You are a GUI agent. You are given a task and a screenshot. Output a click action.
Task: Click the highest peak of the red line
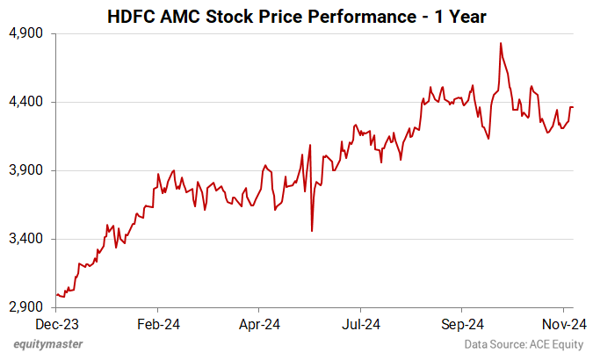pos(500,43)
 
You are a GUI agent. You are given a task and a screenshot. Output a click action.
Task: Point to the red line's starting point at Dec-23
pos(56,294)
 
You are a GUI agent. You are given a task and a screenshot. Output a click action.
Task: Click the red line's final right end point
pos(574,107)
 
